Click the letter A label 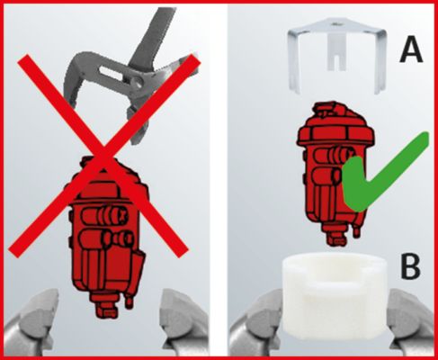(411, 48)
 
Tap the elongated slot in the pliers (112, 74)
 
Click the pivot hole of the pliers (139, 83)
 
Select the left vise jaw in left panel (30, 321)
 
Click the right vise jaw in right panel (411, 324)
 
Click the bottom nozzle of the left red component (105, 309)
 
